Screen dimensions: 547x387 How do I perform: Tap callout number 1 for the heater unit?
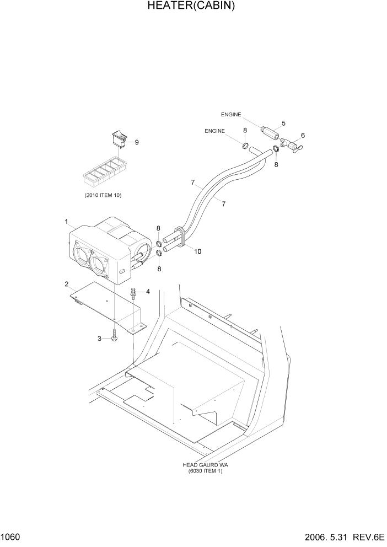click(66, 222)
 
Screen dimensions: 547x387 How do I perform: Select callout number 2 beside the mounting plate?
click(66, 285)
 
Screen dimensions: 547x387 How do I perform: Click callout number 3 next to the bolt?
click(100, 339)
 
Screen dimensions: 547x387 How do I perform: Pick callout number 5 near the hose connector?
click(283, 123)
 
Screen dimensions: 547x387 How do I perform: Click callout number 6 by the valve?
click(303, 136)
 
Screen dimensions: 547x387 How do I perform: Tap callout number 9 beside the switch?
click(137, 142)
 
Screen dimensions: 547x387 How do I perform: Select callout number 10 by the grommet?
click(197, 251)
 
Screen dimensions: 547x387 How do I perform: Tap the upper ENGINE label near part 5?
click(231, 115)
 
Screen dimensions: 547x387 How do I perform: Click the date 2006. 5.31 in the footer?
click(329, 537)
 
